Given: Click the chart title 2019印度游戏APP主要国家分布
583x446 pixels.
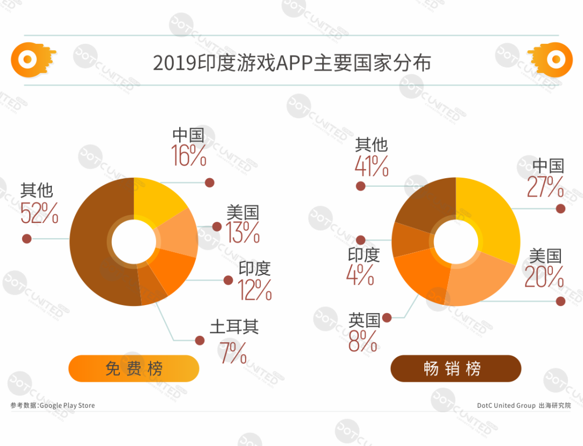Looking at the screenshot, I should [291, 63].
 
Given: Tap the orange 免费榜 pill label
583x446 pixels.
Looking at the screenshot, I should [134, 369].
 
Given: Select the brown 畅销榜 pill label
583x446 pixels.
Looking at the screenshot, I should [456, 369].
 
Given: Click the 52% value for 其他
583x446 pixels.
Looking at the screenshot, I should [39, 214].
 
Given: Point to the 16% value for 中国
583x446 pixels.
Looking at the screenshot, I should [189, 156].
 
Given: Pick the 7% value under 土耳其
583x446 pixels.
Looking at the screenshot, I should [233, 353].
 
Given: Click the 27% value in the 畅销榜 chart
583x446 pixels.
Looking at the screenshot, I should [545, 187].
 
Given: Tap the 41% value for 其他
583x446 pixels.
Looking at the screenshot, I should [371, 166].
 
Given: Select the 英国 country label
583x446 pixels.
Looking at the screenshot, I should [364, 320].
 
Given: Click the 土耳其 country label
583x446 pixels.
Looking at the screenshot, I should [234, 327].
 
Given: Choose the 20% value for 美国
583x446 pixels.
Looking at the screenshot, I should [544, 276].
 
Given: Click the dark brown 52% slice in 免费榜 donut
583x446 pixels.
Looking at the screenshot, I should [92, 243].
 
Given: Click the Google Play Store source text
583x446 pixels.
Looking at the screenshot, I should [53, 405].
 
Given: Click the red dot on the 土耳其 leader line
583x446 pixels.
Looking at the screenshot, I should [200, 340].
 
